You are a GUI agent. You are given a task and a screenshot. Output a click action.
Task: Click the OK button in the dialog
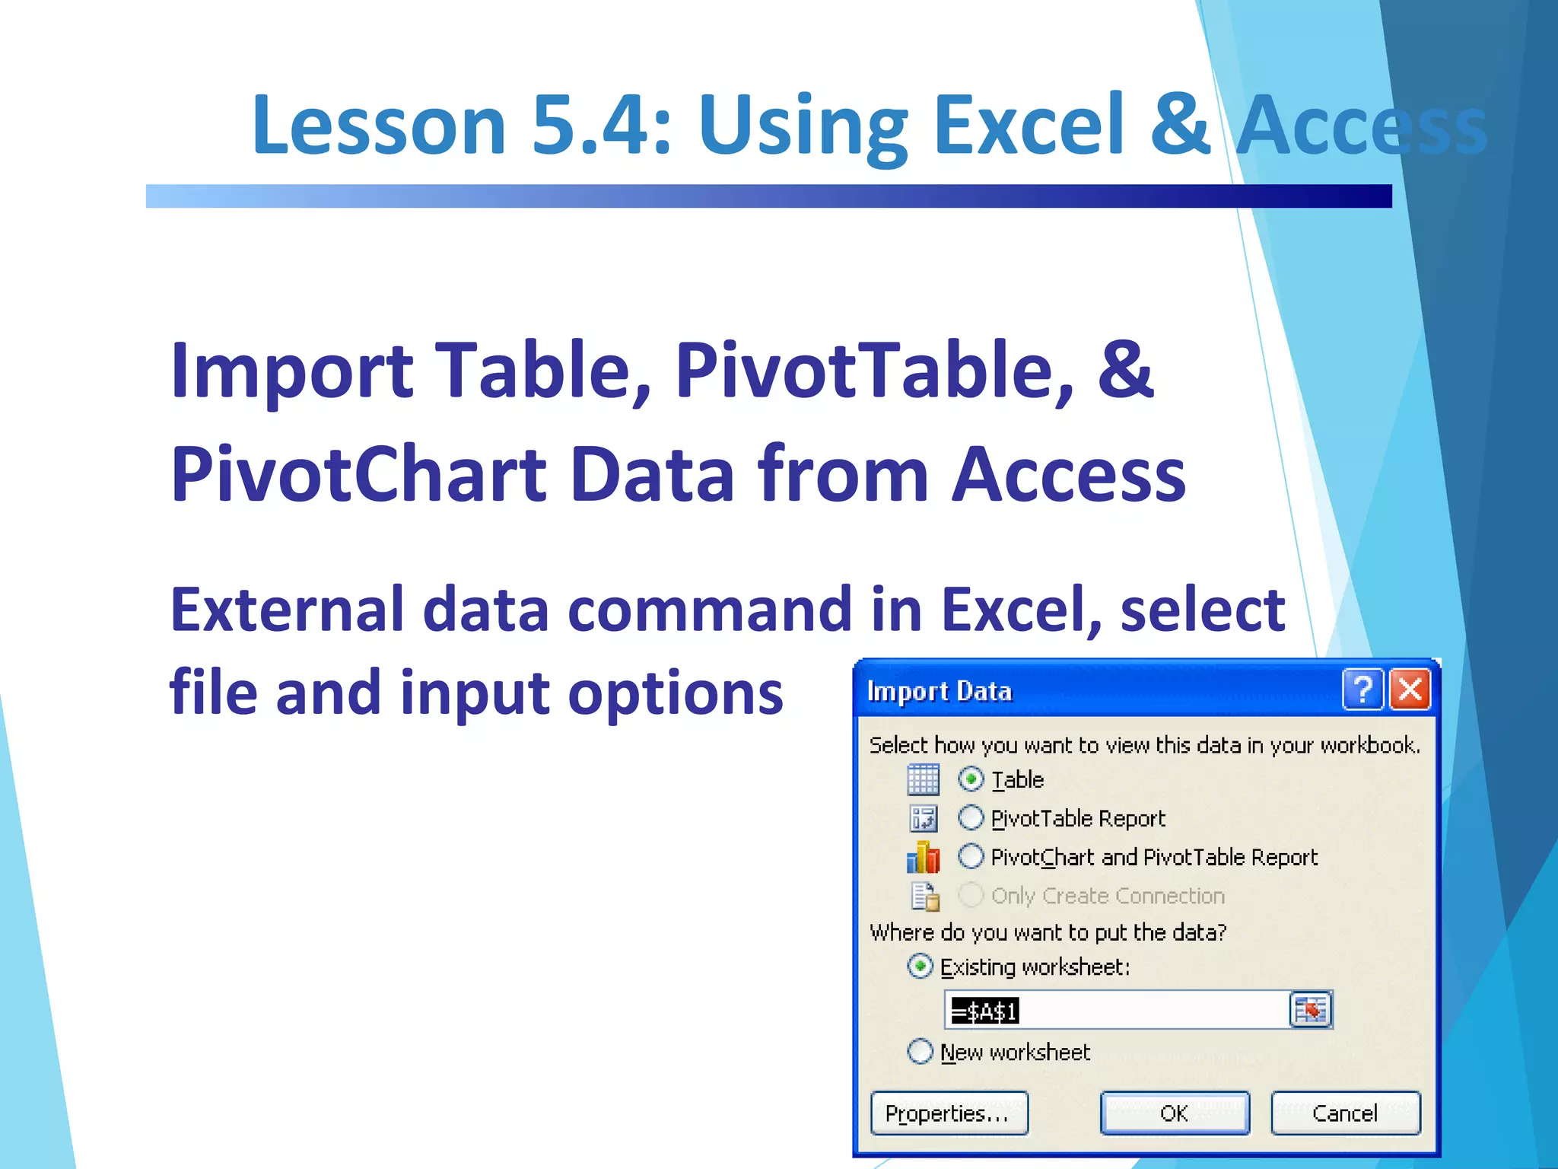point(1175,1113)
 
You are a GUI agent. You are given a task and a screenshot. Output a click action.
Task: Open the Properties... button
point(949,1113)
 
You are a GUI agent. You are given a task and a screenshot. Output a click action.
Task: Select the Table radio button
point(971,779)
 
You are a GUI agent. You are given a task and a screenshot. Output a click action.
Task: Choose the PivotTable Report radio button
point(971,818)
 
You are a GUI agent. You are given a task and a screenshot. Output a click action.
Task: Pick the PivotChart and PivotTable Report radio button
point(971,857)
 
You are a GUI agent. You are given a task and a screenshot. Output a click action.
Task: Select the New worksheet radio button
point(920,1052)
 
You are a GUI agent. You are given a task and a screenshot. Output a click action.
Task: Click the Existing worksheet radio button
point(920,967)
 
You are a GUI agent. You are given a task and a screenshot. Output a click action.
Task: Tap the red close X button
point(1410,690)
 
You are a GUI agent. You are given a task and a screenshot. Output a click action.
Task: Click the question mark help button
point(1362,690)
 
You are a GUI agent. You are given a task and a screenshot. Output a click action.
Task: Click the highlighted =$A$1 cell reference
point(985,1011)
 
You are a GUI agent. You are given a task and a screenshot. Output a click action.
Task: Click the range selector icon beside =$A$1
point(1311,1010)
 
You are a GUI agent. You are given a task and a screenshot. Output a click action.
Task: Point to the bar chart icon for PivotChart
point(924,858)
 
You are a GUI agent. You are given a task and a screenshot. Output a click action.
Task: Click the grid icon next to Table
point(924,780)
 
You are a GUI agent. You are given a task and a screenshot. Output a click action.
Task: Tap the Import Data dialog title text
point(940,691)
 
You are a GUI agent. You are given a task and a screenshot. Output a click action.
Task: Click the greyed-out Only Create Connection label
point(1108,896)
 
